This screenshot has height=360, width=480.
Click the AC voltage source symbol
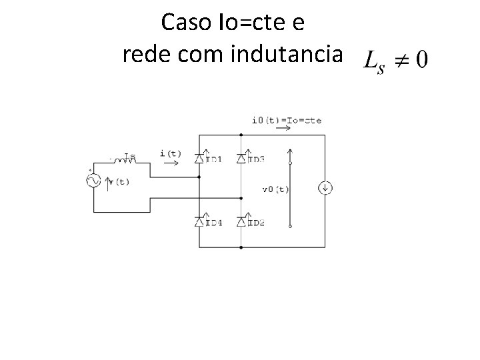[x=93, y=180]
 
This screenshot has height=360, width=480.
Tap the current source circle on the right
[x=325, y=189]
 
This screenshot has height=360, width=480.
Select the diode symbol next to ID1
[x=199, y=158]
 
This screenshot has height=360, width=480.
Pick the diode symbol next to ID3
[x=241, y=158]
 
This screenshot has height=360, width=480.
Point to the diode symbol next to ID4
[x=199, y=221]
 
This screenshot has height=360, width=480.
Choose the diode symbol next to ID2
[x=241, y=221]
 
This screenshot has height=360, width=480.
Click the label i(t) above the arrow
[x=171, y=153]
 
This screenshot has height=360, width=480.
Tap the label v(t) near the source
[x=119, y=182]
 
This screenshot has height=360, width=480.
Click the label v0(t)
[x=275, y=189]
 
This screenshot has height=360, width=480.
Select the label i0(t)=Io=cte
[x=286, y=121]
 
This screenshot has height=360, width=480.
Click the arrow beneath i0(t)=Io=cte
[x=283, y=129]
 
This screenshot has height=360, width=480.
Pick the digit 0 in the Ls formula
[x=421, y=60]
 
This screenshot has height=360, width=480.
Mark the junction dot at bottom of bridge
[x=241, y=247]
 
